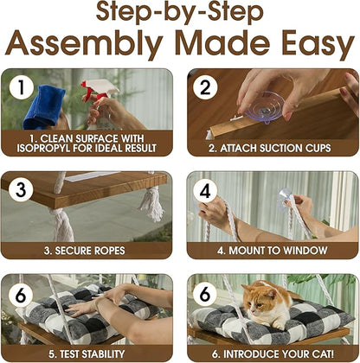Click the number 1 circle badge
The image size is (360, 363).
22,87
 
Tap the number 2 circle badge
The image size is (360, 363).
205,87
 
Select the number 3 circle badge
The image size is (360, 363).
21,189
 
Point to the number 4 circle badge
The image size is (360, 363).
205,190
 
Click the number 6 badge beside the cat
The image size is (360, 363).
205,294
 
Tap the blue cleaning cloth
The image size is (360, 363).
44,106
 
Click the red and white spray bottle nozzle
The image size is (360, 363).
100,88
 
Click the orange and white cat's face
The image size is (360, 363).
258,300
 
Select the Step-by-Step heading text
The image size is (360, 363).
180,12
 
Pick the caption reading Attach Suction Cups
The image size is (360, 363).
270,148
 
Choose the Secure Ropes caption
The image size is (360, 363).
85,251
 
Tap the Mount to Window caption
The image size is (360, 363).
273,251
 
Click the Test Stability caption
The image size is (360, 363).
87,353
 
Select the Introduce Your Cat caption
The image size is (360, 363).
273,353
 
